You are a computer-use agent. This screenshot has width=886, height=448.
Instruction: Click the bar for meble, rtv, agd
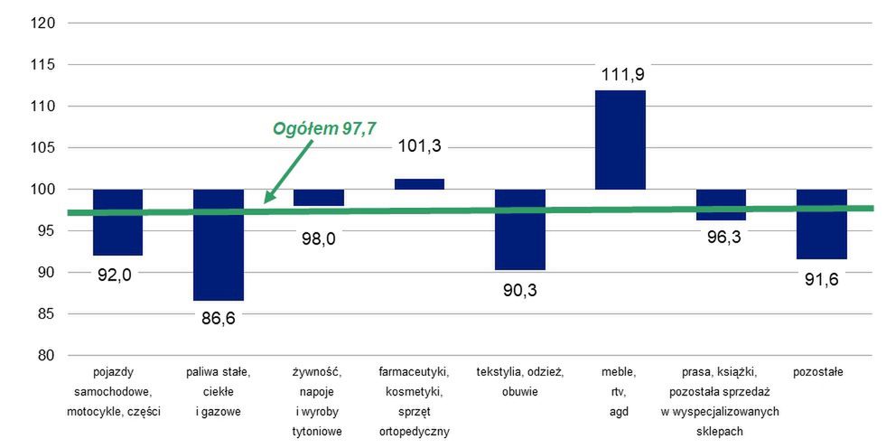620,140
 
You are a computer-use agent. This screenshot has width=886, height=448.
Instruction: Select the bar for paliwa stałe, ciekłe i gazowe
219,245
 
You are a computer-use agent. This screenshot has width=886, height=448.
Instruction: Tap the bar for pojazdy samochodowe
118,222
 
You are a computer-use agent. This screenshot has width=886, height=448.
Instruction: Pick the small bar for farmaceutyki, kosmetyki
419,184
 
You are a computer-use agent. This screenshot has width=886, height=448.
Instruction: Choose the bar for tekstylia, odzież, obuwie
520,229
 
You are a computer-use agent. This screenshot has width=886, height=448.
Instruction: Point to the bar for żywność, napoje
319,198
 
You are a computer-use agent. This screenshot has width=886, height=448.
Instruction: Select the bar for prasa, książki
721,205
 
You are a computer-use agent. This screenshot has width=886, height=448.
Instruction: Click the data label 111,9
620,72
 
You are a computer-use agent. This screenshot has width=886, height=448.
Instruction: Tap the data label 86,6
219,319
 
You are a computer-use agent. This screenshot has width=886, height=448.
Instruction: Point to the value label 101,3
419,146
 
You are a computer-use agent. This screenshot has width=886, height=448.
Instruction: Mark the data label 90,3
520,290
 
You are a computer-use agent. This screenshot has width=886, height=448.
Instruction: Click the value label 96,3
721,242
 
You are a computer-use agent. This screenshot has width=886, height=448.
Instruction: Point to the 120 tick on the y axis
42,23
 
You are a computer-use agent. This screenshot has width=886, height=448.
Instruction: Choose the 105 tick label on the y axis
42,148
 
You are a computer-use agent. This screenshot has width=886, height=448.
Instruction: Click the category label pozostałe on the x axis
817,371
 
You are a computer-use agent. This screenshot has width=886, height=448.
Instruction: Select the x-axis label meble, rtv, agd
619,391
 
